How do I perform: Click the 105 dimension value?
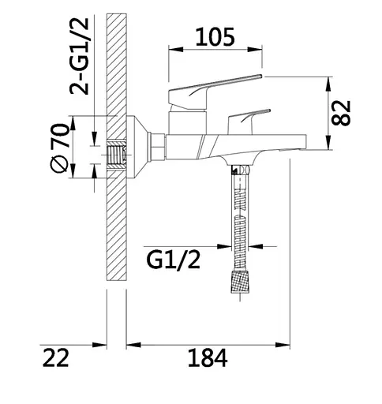(215, 37)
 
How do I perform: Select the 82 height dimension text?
(341, 113)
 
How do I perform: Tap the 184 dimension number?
(208, 358)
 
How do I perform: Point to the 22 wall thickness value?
(55, 358)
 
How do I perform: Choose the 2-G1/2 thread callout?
(79, 57)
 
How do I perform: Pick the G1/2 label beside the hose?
(174, 260)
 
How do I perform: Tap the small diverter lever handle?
(249, 122)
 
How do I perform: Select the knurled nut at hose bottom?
(240, 282)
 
